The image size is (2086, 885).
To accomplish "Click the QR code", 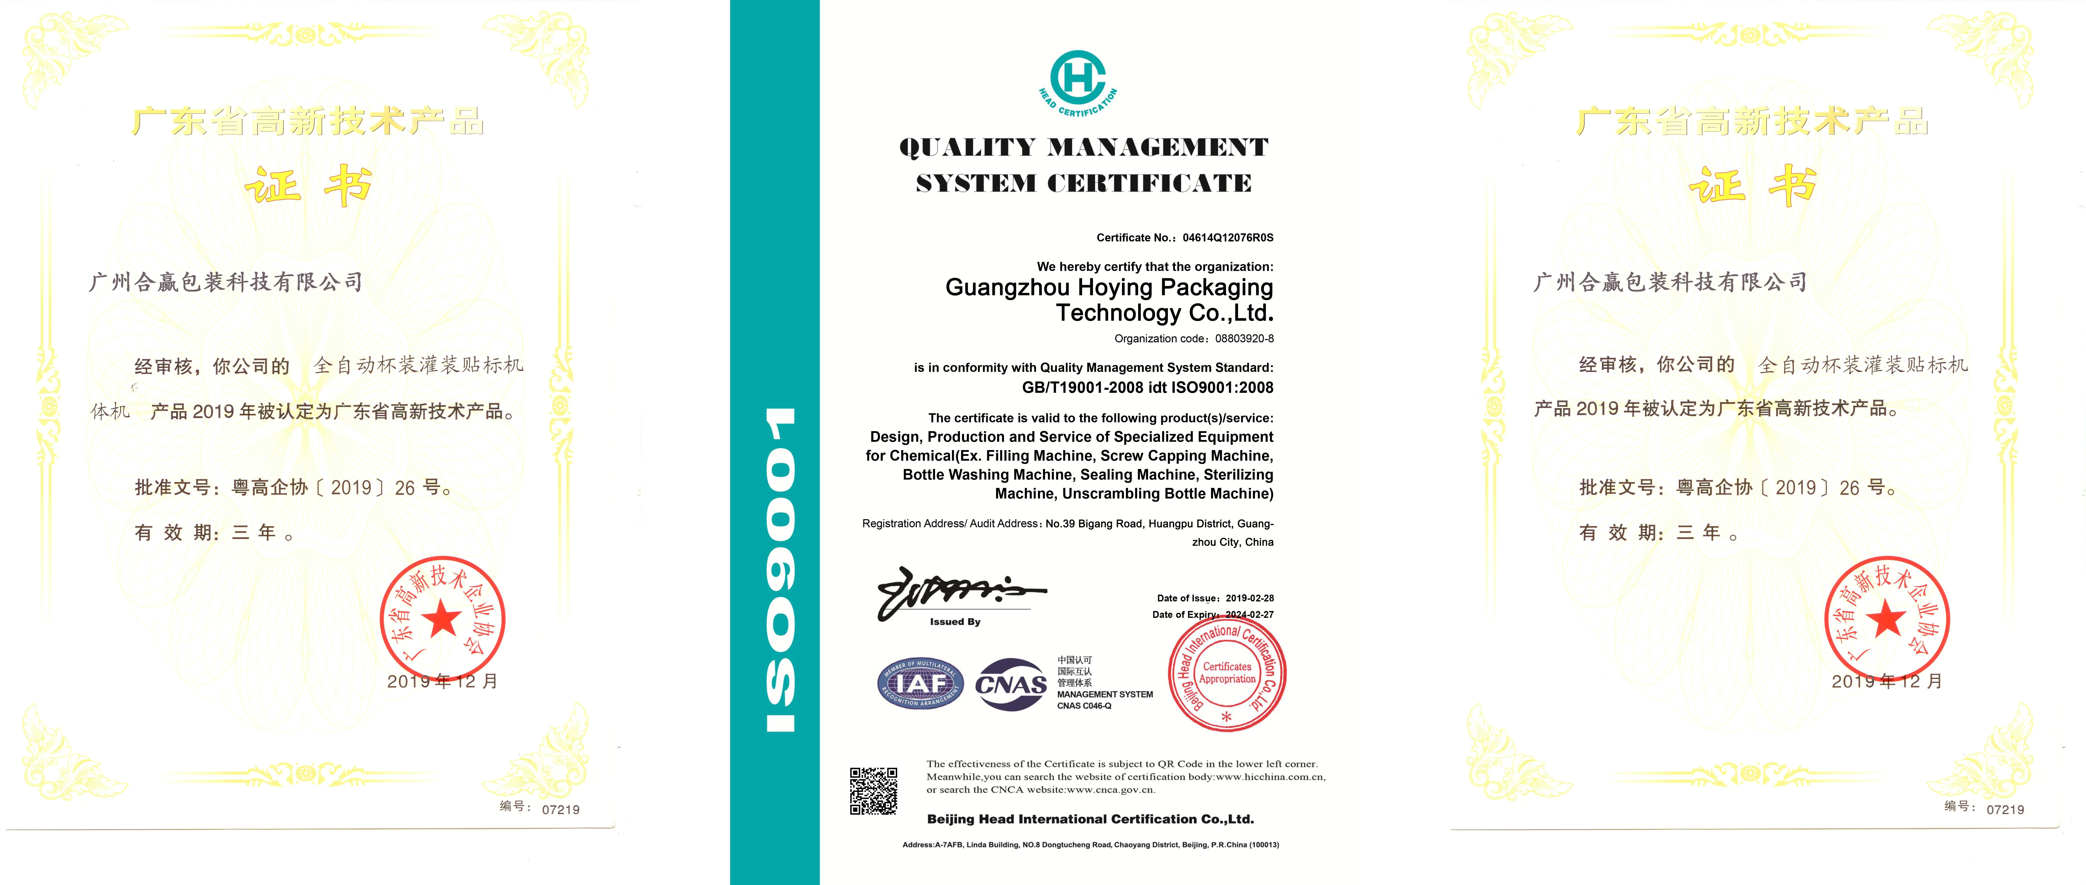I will click(873, 790).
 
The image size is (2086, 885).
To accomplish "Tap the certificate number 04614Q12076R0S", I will click(1228, 237).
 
